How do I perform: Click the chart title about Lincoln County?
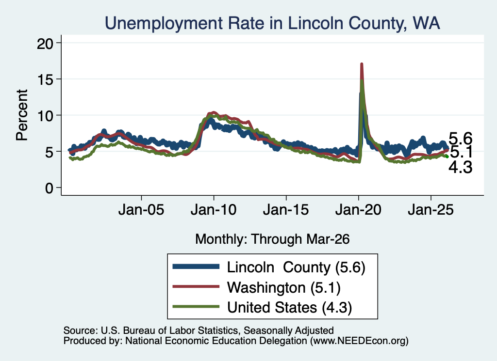click(x=272, y=23)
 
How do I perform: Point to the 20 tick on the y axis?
click(x=46, y=43)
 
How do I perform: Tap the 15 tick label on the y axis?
click(x=46, y=79)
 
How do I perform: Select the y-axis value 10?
click(x=46, y=115)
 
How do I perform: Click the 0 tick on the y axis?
click(x=50, y=188)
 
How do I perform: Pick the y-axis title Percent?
click(x=22, y=115)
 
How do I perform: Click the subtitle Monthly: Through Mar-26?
click(x=272, y=239)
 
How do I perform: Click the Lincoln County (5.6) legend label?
click(x=296, y=267)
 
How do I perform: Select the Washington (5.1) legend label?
click(x=283, y=287)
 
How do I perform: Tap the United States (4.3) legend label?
click(x=289, y=307)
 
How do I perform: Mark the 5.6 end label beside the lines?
click(x=461, y=139)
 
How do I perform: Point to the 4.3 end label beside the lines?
click(x=461, y=167)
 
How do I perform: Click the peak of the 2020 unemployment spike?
click(x=361, y=64)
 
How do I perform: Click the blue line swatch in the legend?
click(x=196, y=267)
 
